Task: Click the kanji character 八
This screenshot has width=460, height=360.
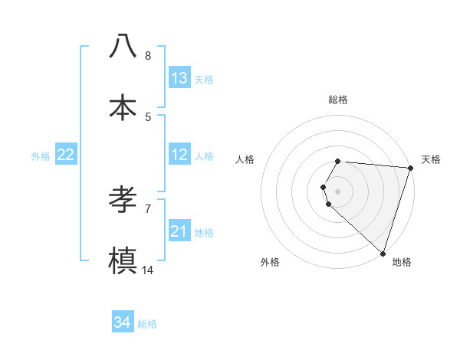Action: [123, 46]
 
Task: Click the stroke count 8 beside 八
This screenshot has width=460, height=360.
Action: [148, 55]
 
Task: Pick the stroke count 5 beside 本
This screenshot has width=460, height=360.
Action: [148, 116]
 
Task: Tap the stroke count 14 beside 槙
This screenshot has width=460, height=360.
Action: [148, 270]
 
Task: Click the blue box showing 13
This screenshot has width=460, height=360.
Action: [179, 78]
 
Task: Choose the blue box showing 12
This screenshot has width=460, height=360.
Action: [179, 155]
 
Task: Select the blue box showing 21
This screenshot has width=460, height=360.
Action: [179, 231]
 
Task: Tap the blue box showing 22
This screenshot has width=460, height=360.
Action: [66, 155]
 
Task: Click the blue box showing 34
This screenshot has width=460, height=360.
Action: [123, 322]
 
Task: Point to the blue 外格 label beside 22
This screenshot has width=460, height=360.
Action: [41, 156]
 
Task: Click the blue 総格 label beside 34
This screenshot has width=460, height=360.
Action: [147, 324]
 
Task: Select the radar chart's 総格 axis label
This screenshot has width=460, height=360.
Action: [338, 100]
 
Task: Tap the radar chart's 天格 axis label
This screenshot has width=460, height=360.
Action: [431, 159]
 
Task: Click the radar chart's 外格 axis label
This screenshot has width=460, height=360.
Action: [270, 263]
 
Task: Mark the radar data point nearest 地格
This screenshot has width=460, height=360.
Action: [383, 253]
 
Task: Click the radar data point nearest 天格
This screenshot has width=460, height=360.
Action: [410, 168]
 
